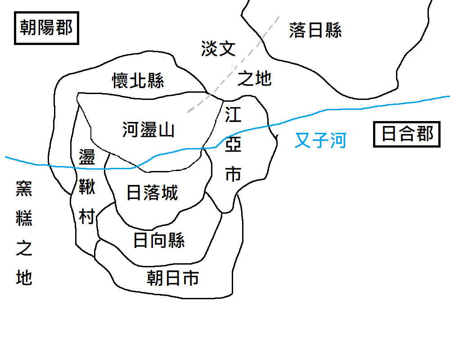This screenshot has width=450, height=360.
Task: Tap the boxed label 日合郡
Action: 407,134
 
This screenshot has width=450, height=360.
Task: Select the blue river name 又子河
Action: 320,140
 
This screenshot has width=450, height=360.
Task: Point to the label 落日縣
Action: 315,31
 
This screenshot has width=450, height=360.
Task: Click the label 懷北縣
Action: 138,81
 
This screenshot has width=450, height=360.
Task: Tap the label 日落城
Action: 153,193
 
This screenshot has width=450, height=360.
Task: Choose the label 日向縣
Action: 159,241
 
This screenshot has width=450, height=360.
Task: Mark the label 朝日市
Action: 173,279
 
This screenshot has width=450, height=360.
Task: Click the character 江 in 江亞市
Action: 233,115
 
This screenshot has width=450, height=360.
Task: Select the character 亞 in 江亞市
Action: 233,144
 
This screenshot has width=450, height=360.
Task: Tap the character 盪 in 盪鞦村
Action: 87,157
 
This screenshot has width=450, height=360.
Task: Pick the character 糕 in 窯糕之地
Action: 24,219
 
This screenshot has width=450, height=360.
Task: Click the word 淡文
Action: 218,49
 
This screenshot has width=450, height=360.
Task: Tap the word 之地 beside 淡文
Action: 254,79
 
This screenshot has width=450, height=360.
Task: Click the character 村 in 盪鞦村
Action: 87,217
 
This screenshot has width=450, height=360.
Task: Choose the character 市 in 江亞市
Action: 233,174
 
